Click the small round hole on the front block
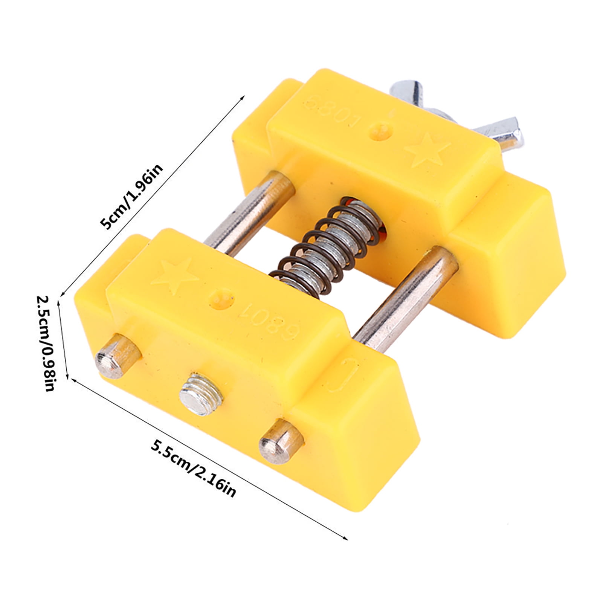[x=221, y=297]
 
